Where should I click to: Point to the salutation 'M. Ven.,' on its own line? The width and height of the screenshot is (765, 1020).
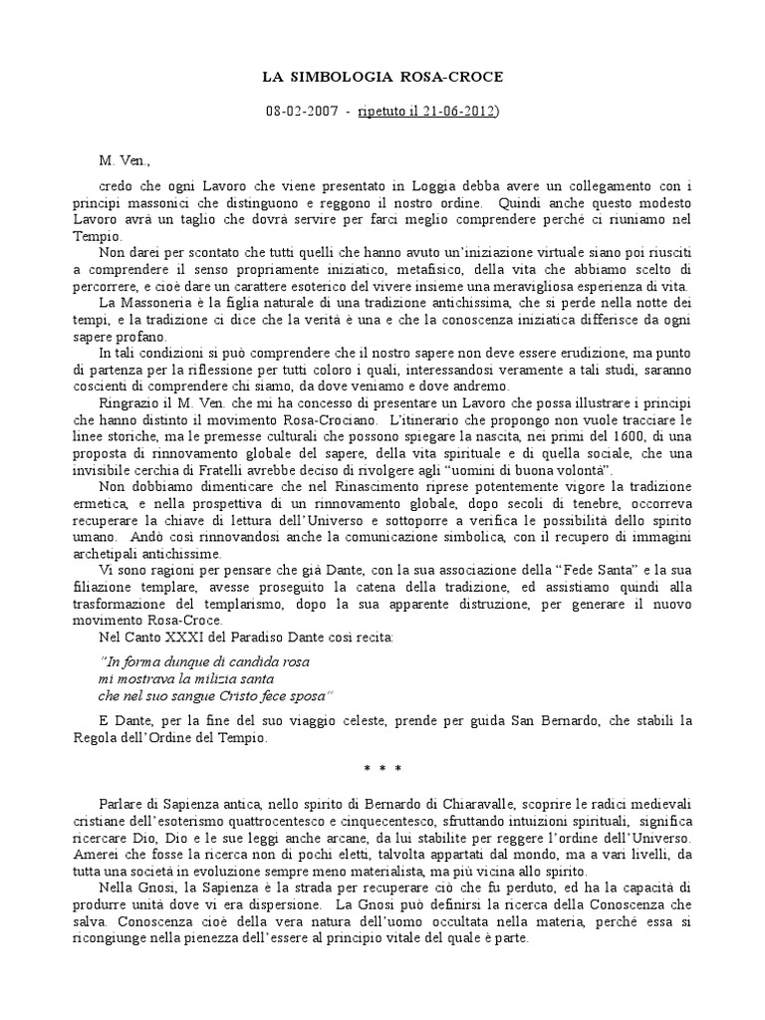pos(122,159)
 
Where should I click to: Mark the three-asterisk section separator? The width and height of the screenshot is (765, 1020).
pos(382,767)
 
